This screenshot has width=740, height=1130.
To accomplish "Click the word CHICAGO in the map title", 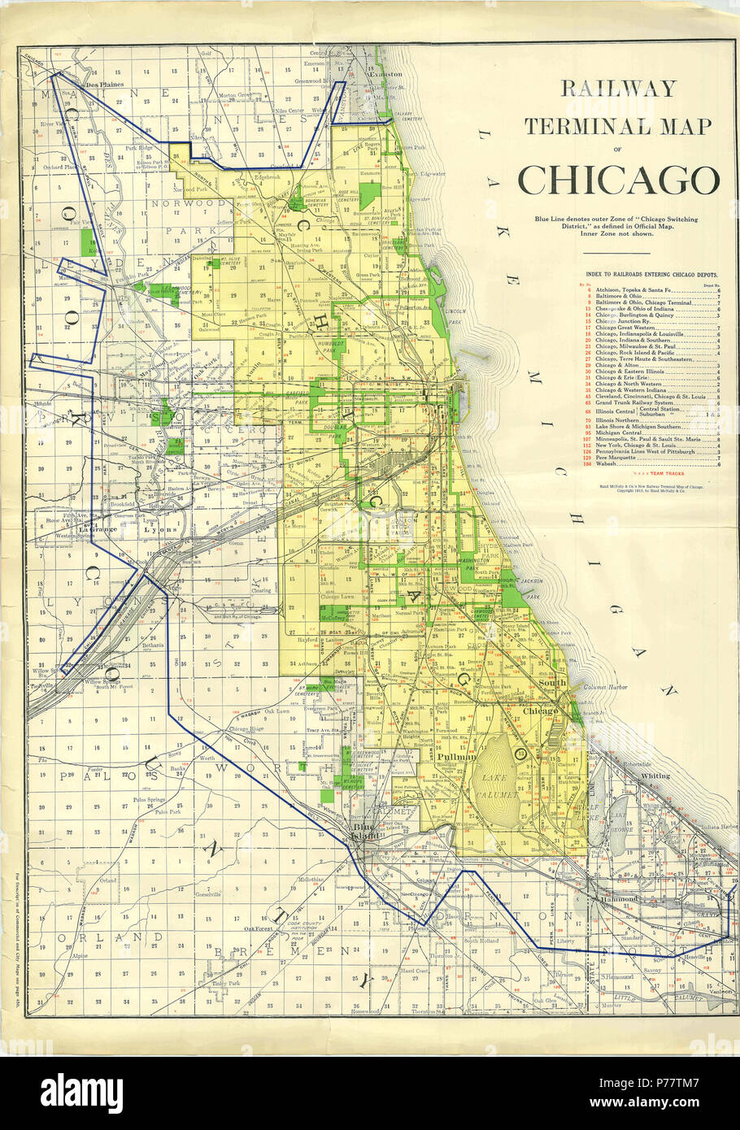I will point(618,180).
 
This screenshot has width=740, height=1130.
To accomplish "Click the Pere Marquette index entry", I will point(618,459).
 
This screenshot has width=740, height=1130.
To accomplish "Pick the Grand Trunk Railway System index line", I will point(634,402).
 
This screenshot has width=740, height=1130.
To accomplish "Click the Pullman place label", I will point(455,756).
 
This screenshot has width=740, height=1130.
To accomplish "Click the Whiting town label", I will point(655,776).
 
